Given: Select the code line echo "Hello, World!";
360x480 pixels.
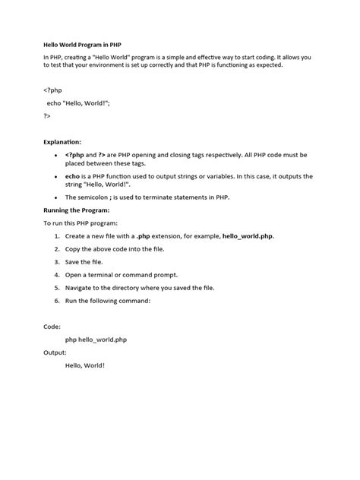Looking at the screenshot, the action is click(x=77, y=103).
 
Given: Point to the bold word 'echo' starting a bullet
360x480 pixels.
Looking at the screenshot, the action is click(x=73, y=175).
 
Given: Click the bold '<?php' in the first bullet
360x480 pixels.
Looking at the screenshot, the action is click(x=76, y=154).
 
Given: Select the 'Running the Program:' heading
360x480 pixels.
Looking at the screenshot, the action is click(x=77, y=210).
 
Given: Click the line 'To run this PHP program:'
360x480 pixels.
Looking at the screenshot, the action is click(x=81, y=223).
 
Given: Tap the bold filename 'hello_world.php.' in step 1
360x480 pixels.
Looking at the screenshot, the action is click(x=248, y=236).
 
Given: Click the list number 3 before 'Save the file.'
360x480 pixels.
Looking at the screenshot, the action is click(x=56, y=262).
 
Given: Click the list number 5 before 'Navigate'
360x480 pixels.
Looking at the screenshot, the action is click(x=56, y=288).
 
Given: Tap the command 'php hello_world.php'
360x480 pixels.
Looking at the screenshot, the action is click(x=96, y=339).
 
